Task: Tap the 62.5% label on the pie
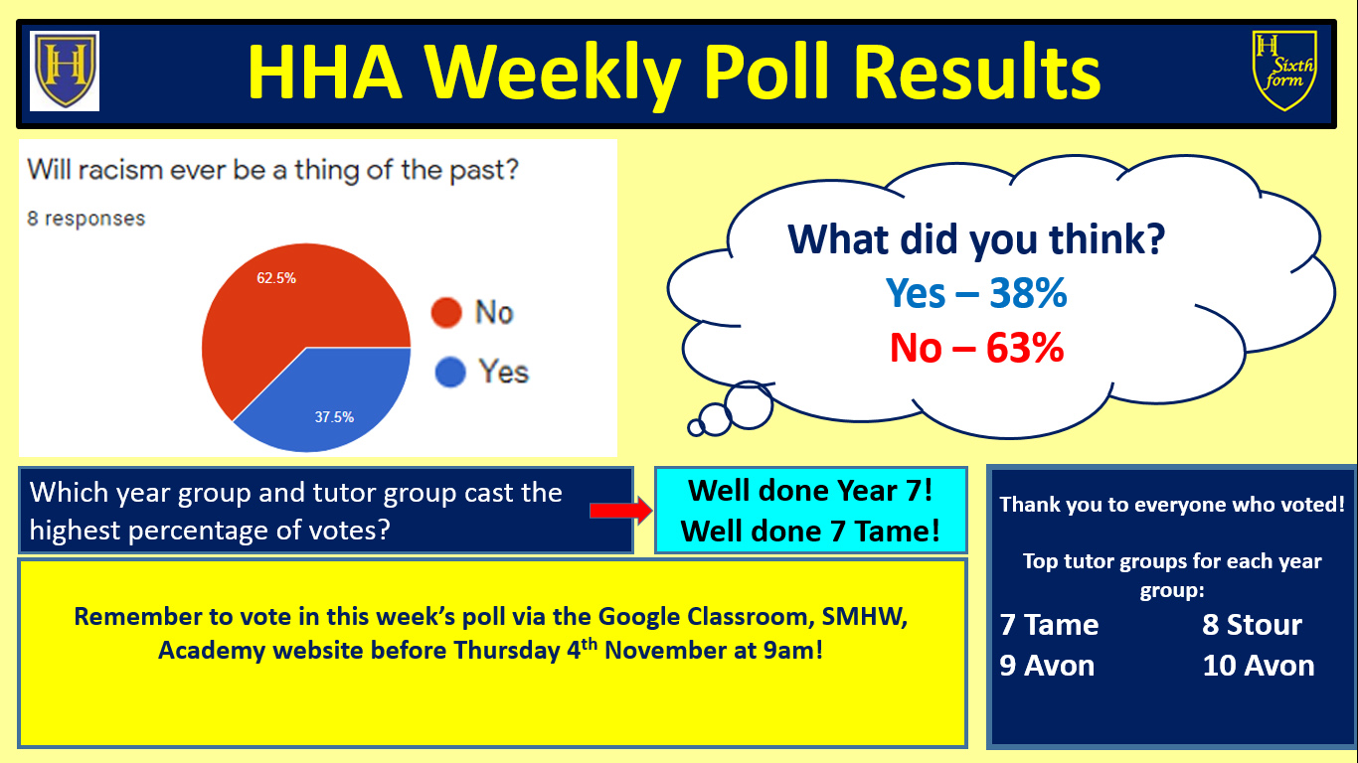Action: click(x=276, y=278)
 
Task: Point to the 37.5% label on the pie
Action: click(x=334, y=417)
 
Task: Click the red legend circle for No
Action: click(x=446, y=313)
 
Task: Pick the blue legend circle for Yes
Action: click(x=450, y=372)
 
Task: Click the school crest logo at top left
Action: click(x=65, y=71)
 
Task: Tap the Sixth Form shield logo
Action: click(x=1284, y=71)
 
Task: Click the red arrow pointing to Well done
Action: click(x=620, y=511)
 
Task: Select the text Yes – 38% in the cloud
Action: click(x=976, y=293)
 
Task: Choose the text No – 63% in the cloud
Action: click(x=976, y=348)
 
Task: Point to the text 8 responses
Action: click(x=86, y=219)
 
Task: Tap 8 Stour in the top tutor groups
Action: click(x=1252, y=625)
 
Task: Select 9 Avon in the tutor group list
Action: click(x=1047, y=666)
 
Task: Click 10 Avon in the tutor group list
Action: click(x=1259, y=666)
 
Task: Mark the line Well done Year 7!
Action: click(x=810, y=490)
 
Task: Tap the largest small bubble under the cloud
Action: click(x=749, y=404)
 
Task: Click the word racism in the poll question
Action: click(x=120, y=170)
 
